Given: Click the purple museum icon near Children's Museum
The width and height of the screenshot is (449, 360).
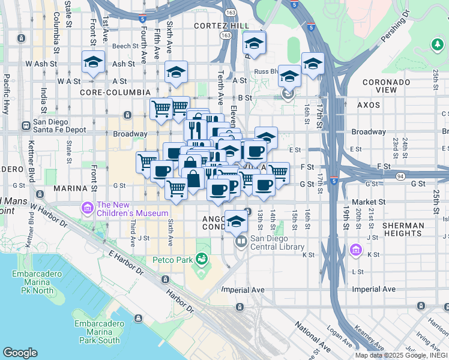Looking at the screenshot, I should [x=88, y=208].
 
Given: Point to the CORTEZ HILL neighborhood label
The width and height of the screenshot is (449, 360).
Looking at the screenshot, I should [x=217, y=26].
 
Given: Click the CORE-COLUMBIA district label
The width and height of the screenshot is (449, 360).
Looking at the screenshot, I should [x=115, y=92].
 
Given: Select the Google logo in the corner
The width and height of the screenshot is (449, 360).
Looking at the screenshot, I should [x=20, y=352].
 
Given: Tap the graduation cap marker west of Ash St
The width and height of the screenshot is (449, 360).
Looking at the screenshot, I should [x=93, y=62].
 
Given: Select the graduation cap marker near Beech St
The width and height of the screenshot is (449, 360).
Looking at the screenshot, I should [x=254, y=44].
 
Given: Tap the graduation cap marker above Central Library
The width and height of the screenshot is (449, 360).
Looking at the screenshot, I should [x=236, y=221].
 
